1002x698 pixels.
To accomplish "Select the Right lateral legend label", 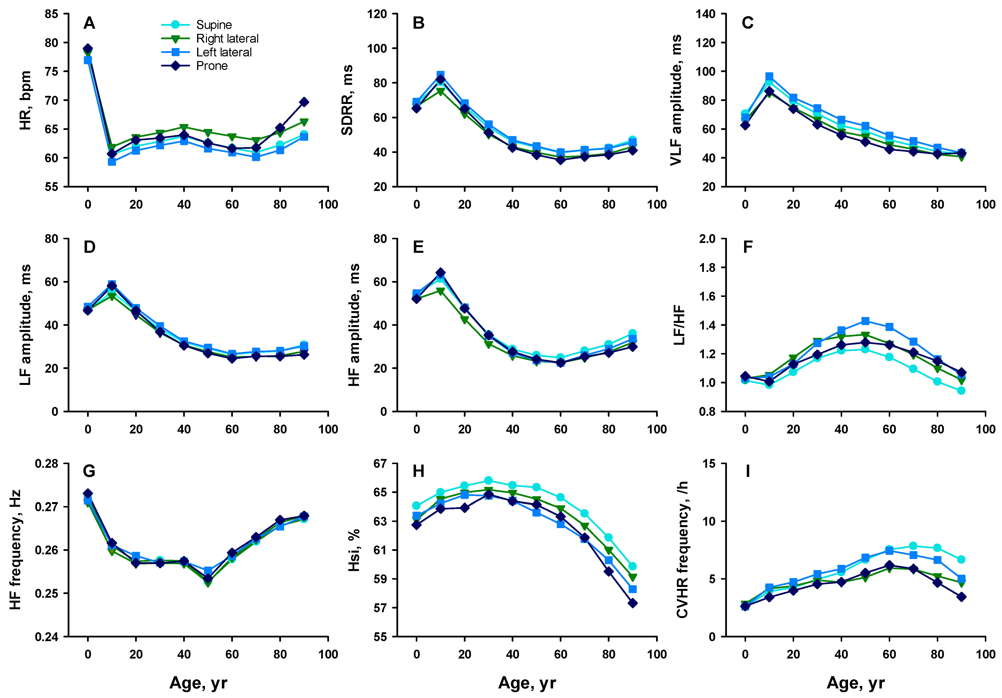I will (227, 39).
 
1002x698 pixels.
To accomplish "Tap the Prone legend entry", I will (212, 66).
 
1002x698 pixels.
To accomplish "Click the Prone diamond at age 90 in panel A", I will (304, 102).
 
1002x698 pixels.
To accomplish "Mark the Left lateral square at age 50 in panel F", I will (865, 321).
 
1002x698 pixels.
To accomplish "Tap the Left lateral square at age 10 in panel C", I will (769, 77).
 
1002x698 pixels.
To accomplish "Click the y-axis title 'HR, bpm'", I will (25, 101).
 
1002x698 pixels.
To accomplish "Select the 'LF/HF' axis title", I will (679, 325).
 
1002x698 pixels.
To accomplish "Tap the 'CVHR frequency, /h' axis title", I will (682, 550).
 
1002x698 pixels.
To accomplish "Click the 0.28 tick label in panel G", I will (47, 464).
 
